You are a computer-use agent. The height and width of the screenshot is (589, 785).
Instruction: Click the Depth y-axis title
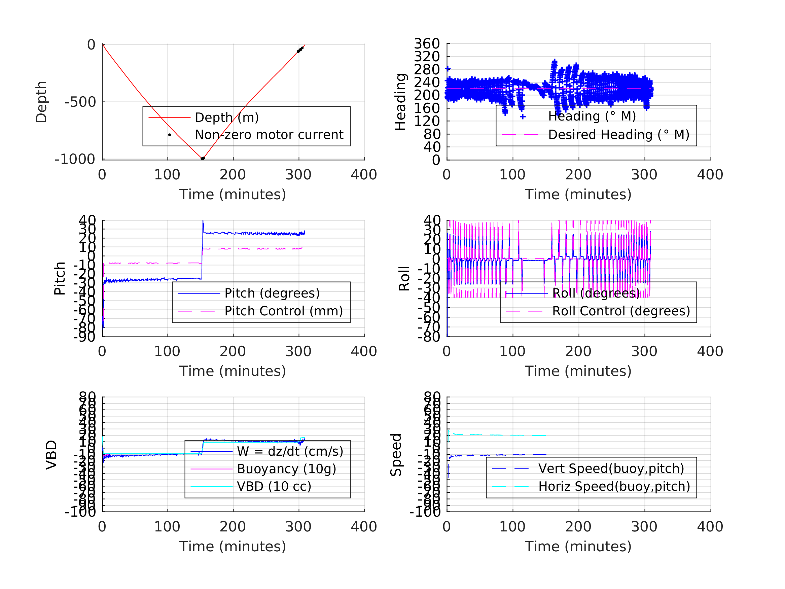41,102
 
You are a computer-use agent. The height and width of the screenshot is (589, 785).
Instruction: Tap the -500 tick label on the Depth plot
80,102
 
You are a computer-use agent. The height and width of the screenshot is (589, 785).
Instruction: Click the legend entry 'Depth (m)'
227,117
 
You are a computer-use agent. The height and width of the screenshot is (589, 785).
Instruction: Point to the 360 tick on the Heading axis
427,44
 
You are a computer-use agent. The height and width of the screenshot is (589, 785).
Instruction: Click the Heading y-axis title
400,102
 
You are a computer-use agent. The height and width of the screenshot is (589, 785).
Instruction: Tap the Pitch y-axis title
60,278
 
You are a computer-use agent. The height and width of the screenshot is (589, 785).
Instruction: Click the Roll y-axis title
404,278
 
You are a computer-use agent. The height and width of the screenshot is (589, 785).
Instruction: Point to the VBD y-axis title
51,455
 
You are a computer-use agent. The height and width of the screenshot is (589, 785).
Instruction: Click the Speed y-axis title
396,455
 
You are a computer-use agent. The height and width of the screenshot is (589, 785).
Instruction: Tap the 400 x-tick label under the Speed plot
710,526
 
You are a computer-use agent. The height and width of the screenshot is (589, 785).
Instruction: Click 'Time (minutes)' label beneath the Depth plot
233,195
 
